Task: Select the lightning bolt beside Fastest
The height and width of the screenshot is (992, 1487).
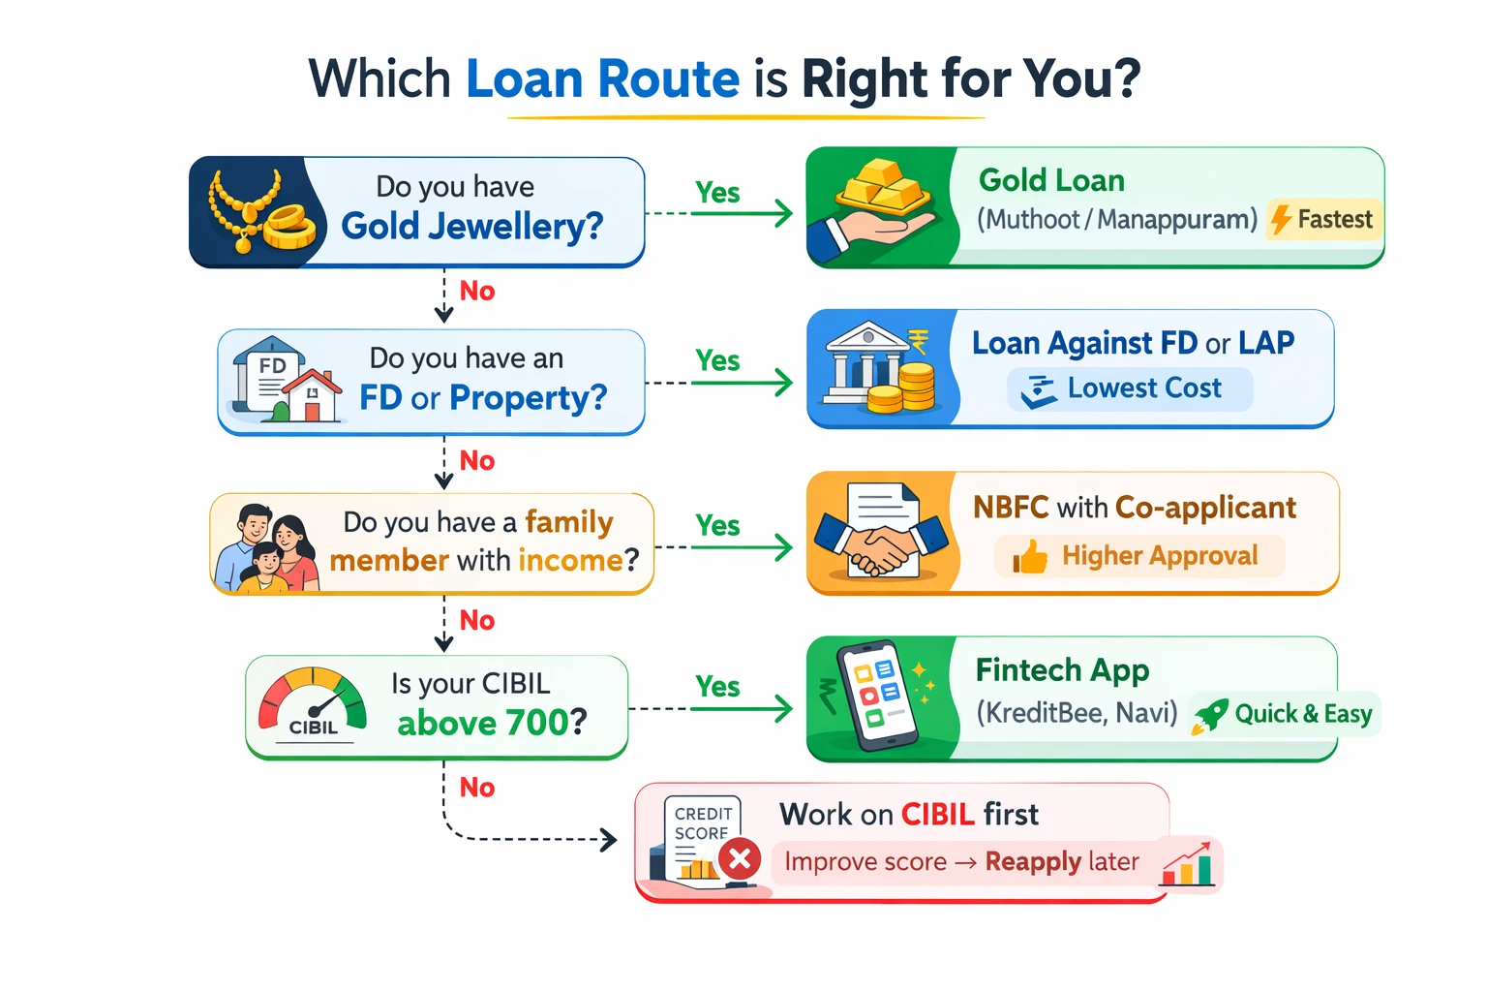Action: pyautogui.click(x=1281, y=220)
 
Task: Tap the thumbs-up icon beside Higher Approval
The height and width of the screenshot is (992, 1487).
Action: pyautogui.click(x=1030, y=557)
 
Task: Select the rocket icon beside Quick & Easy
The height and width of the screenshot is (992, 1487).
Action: pyautogui.click(x=1210, y=715)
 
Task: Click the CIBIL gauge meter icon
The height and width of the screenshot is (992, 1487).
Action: pyautogui.click(x=313, y=704)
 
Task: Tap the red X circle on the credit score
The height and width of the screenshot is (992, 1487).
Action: pyautogui.click(x=740, y=859)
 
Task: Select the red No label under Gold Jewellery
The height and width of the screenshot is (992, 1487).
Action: pyautogui.click(x=477, y=291)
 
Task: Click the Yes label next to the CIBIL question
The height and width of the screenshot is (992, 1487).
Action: pyautogui.click(x=717, y=687)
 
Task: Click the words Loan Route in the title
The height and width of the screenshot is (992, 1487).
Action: pyautogui.click(x=602, y=78)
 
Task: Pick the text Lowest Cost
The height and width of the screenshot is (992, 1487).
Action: pyautogui.click(x=1143, y=388)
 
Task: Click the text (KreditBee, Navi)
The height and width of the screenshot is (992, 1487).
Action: pyautogui.click(x=1077, y=713)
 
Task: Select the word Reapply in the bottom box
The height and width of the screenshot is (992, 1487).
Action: pyautogui.click(x=1033, y=861)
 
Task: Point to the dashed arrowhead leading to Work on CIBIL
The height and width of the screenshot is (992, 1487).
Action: pyautogui.click(x=609, y=839)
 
